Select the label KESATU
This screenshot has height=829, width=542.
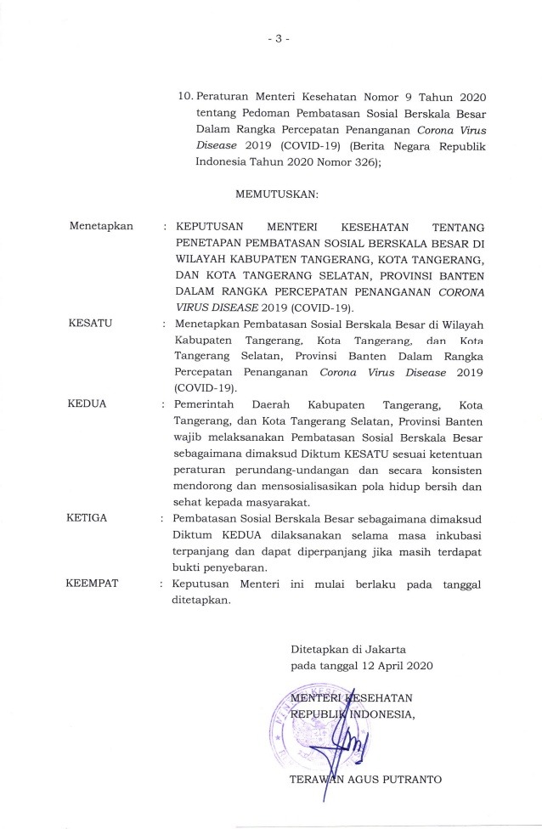pos(90,323)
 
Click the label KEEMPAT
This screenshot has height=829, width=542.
pos(94,585)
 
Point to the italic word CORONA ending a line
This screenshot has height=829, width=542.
pos(459,291)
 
